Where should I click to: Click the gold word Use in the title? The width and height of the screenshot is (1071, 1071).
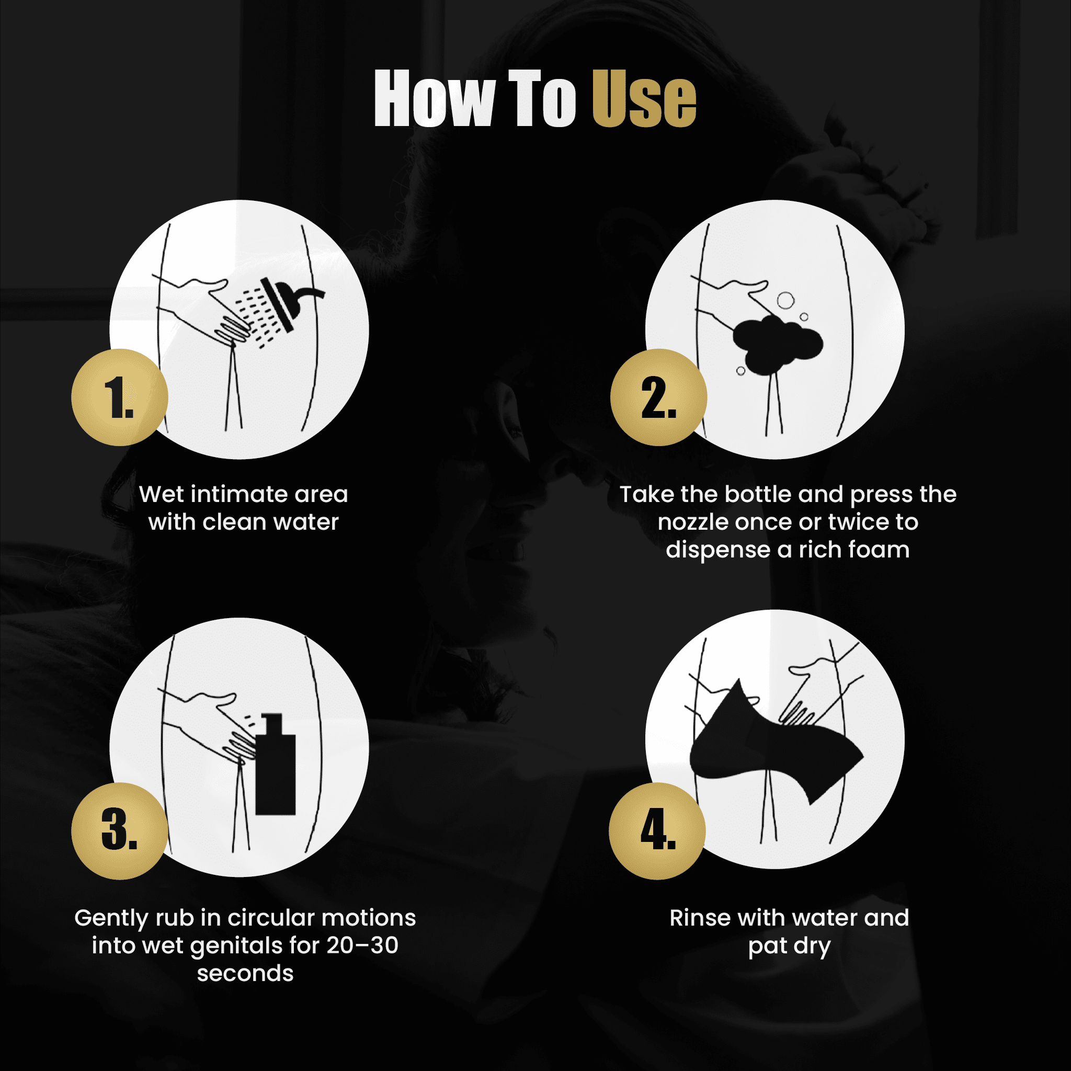point(644,99)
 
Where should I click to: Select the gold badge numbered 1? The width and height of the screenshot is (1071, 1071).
point(120,397)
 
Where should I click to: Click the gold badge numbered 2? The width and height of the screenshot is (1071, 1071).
point(658,397)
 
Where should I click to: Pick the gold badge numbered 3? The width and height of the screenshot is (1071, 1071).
point(120,831)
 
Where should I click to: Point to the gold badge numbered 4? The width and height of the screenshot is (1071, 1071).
point(657,831)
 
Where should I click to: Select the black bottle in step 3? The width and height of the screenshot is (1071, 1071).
point(276,765)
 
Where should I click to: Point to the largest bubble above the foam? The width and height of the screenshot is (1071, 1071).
point(785,301)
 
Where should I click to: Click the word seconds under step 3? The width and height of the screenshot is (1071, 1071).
point(245,973)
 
